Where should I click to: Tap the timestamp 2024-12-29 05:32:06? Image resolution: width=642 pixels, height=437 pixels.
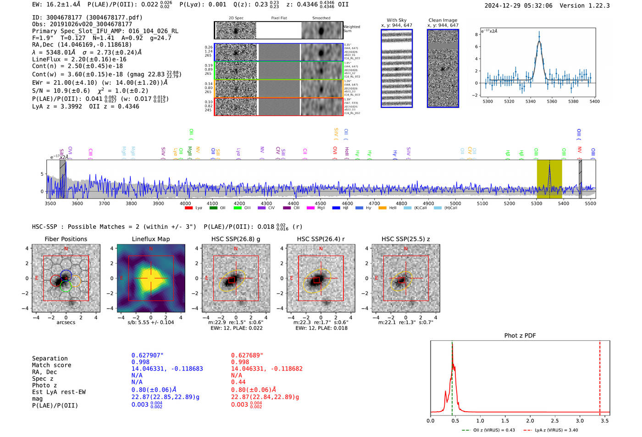[518, 6]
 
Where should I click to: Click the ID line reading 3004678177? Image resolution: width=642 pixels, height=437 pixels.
[87, 17]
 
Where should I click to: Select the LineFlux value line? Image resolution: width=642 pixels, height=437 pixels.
[79, 59]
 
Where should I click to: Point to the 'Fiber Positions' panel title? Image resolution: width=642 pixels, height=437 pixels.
[66, 239]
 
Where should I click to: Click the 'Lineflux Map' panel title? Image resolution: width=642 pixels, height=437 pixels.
[150, 239]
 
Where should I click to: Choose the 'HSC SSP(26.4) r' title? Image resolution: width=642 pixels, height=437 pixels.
[321, 239]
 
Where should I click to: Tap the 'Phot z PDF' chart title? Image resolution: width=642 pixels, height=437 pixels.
[520, 336]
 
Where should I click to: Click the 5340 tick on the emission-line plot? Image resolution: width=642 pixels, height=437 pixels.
[531, 101]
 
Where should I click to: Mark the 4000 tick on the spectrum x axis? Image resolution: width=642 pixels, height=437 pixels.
[185, 204]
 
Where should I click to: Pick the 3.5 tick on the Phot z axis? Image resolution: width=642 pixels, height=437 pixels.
[605, 420]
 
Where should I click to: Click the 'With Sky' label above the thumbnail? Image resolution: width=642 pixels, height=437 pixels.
[397, 20]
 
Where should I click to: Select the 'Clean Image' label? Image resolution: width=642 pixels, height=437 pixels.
[443, 20]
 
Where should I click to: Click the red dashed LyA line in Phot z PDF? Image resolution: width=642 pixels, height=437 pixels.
[600, 376]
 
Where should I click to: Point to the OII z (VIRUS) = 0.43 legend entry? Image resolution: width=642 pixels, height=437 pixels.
[488, 430]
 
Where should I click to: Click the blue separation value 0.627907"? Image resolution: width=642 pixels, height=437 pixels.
[147, 355]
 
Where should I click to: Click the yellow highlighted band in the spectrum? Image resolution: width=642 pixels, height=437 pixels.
[549, 179]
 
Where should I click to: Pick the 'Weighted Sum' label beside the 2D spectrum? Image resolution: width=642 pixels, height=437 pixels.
[352, 29]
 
